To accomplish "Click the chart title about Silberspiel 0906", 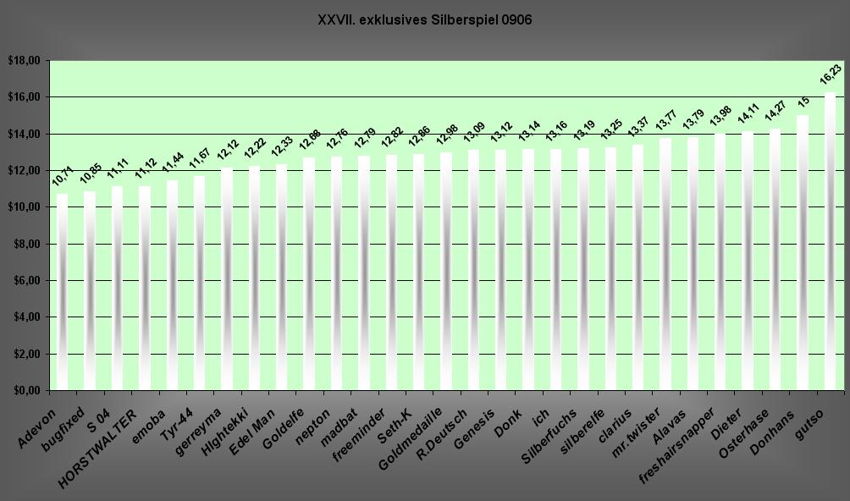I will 424,19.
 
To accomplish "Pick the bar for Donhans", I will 803,253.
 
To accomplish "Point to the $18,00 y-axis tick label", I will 24,61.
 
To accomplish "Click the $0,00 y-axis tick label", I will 24,391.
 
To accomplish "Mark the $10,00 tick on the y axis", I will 24,207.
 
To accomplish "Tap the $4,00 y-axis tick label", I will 24,317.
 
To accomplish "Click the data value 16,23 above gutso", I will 831,75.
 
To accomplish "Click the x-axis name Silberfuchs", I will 549,435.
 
